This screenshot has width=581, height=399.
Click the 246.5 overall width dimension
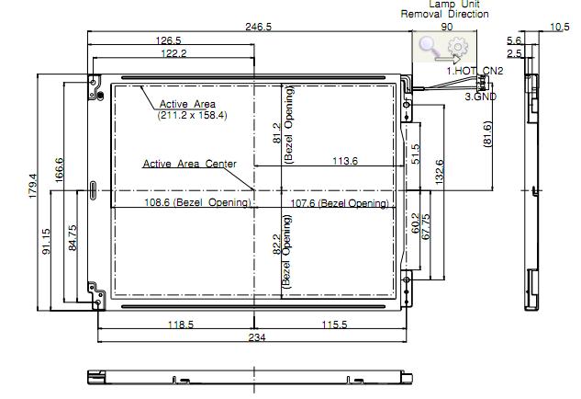[258, 27]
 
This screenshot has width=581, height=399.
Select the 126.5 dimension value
[168, 40]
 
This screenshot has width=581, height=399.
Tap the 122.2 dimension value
[173, 53]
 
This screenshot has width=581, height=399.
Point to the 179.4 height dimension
[32, 186]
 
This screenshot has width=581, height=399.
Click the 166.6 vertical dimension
[59, 170]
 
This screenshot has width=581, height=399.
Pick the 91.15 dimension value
[46, 241]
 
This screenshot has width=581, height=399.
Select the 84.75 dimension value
[73, 237]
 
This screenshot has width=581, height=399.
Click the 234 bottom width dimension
[257, 337]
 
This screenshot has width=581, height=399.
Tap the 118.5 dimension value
[181, 325]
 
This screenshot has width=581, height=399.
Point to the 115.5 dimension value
[334, 325]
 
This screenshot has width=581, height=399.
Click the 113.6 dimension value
[345, 161]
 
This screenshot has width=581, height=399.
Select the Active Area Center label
[190, 164]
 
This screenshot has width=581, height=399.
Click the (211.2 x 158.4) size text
[193, 115]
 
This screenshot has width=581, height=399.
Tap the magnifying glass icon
[428, 47]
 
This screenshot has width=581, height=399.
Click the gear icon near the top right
[457, 47]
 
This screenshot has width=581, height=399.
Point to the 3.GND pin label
[481, 97]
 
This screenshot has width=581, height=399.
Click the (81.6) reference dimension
[488, 134]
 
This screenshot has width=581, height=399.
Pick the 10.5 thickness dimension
[560, 27]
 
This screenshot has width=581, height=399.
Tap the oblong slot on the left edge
[93, 190]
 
